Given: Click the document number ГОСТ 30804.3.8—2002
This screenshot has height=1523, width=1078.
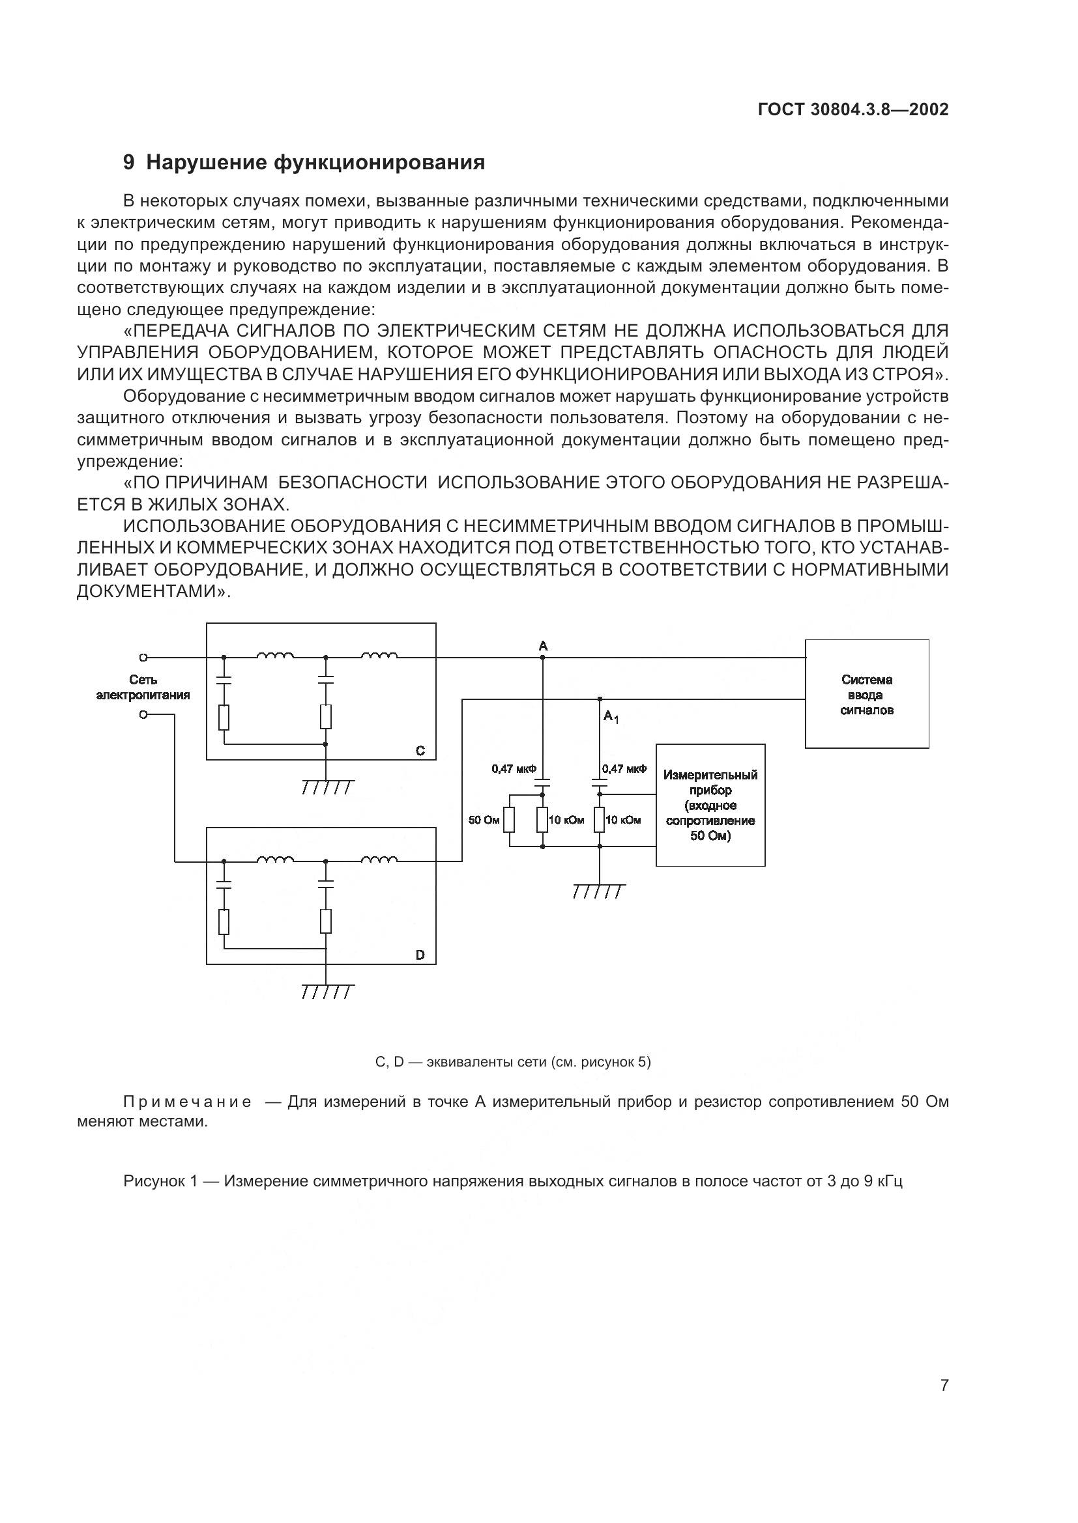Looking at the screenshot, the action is click(x=853, y=109).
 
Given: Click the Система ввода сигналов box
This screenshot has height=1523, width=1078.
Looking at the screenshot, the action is click(x=867, y=694).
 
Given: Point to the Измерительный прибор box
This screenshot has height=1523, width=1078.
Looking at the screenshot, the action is click(x=710, y=805).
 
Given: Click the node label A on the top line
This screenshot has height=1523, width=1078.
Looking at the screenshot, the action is click(x=543, y=646).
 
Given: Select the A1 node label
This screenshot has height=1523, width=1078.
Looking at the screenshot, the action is click(x=611, y=717).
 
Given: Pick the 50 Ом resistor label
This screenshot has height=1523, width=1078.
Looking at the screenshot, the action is click(x=484, y=820).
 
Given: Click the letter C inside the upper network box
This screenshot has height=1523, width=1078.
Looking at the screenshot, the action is click(x=420, y=751).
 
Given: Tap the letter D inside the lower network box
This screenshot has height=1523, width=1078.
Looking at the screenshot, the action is click(x=420, y=955).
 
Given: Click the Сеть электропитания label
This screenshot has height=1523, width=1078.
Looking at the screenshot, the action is click(x=143, y=687).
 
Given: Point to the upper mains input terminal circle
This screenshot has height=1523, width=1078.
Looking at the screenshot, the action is click(x=143, y=658).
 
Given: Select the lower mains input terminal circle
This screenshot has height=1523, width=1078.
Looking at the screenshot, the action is click(x=143, y=714).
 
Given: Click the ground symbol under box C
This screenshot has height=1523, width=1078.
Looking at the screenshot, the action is click(x=327, y=787).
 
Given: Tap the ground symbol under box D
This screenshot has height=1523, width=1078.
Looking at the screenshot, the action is click(x=327, y=992).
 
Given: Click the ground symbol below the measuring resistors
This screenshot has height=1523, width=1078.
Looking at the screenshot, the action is click(x=599, y=891).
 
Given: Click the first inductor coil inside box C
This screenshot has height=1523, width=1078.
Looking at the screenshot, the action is click(x=276, y=656).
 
